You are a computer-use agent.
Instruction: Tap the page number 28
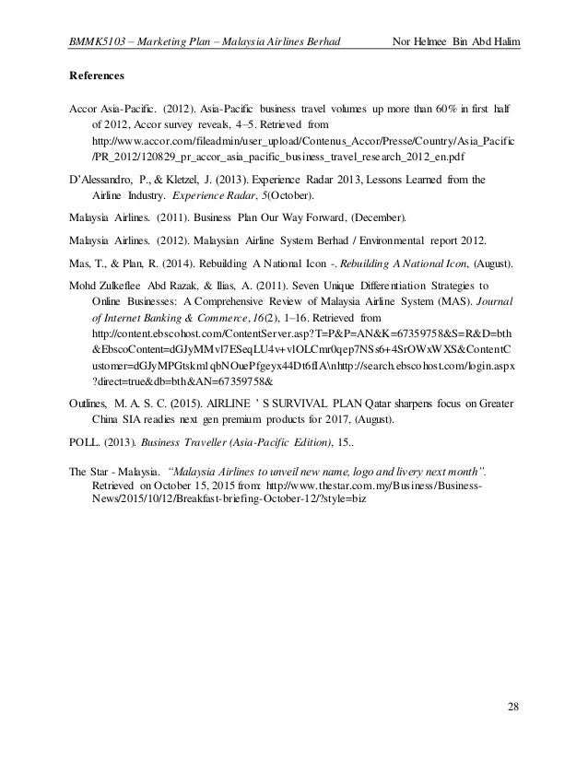(512, 707)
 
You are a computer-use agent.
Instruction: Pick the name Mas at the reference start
(80, 263)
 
